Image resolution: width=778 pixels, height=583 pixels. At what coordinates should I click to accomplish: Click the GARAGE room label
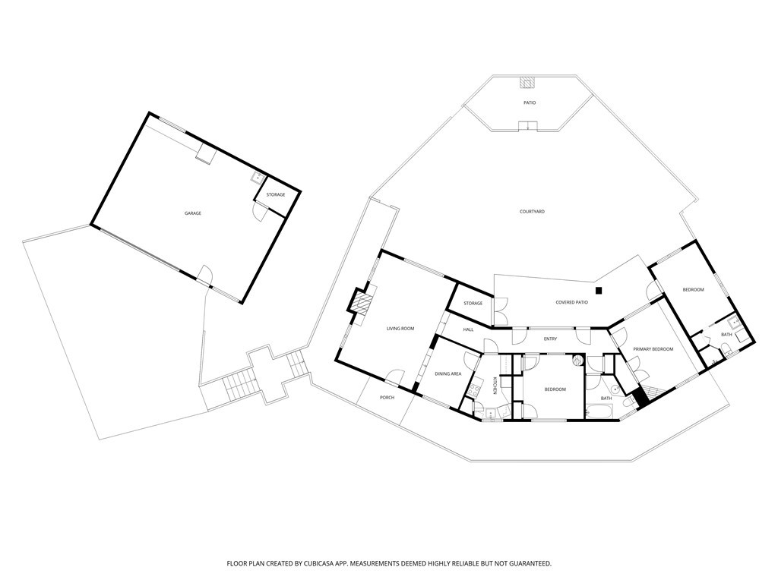(x=193, y=213)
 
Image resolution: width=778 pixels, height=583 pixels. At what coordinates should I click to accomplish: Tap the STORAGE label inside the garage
(x=276, y=195)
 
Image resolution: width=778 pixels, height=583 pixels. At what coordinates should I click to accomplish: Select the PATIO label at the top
(x=530, y=102)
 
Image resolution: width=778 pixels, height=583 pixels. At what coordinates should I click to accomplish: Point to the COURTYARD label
(x=532, y=212)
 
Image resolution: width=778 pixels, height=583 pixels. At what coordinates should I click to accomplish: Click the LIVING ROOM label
(x=400, y=329)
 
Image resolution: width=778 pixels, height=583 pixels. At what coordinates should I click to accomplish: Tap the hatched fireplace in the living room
(x=362, y=301)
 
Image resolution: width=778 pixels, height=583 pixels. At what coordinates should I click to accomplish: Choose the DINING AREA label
(x=448, y=373)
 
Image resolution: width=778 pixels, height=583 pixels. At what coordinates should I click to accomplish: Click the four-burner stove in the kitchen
(x=473, y=386)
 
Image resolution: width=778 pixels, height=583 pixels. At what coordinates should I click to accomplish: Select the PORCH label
(x=387, y=398)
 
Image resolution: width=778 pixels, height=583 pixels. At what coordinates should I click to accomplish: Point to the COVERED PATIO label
(x=571, y=302)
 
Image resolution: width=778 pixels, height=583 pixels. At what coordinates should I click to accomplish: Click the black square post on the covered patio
(x=599, y=291)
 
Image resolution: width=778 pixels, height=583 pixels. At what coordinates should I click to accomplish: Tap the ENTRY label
(x=550, y=339)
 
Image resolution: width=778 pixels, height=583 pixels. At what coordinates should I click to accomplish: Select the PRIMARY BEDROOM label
(x=653, y=349)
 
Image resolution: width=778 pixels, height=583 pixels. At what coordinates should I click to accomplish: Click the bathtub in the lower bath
(x=600, y=411)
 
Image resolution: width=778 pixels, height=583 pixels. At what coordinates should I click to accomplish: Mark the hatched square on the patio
(x=527, y=83)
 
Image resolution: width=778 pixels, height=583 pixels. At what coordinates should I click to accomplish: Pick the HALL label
(x=468, y=329)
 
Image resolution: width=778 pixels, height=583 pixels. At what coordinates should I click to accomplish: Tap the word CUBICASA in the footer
(x=324, y=564)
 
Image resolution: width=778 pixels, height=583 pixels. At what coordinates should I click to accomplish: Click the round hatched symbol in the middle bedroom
(x=577, y=361)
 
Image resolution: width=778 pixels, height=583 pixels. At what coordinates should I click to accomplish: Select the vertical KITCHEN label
(x=495, y=386)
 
